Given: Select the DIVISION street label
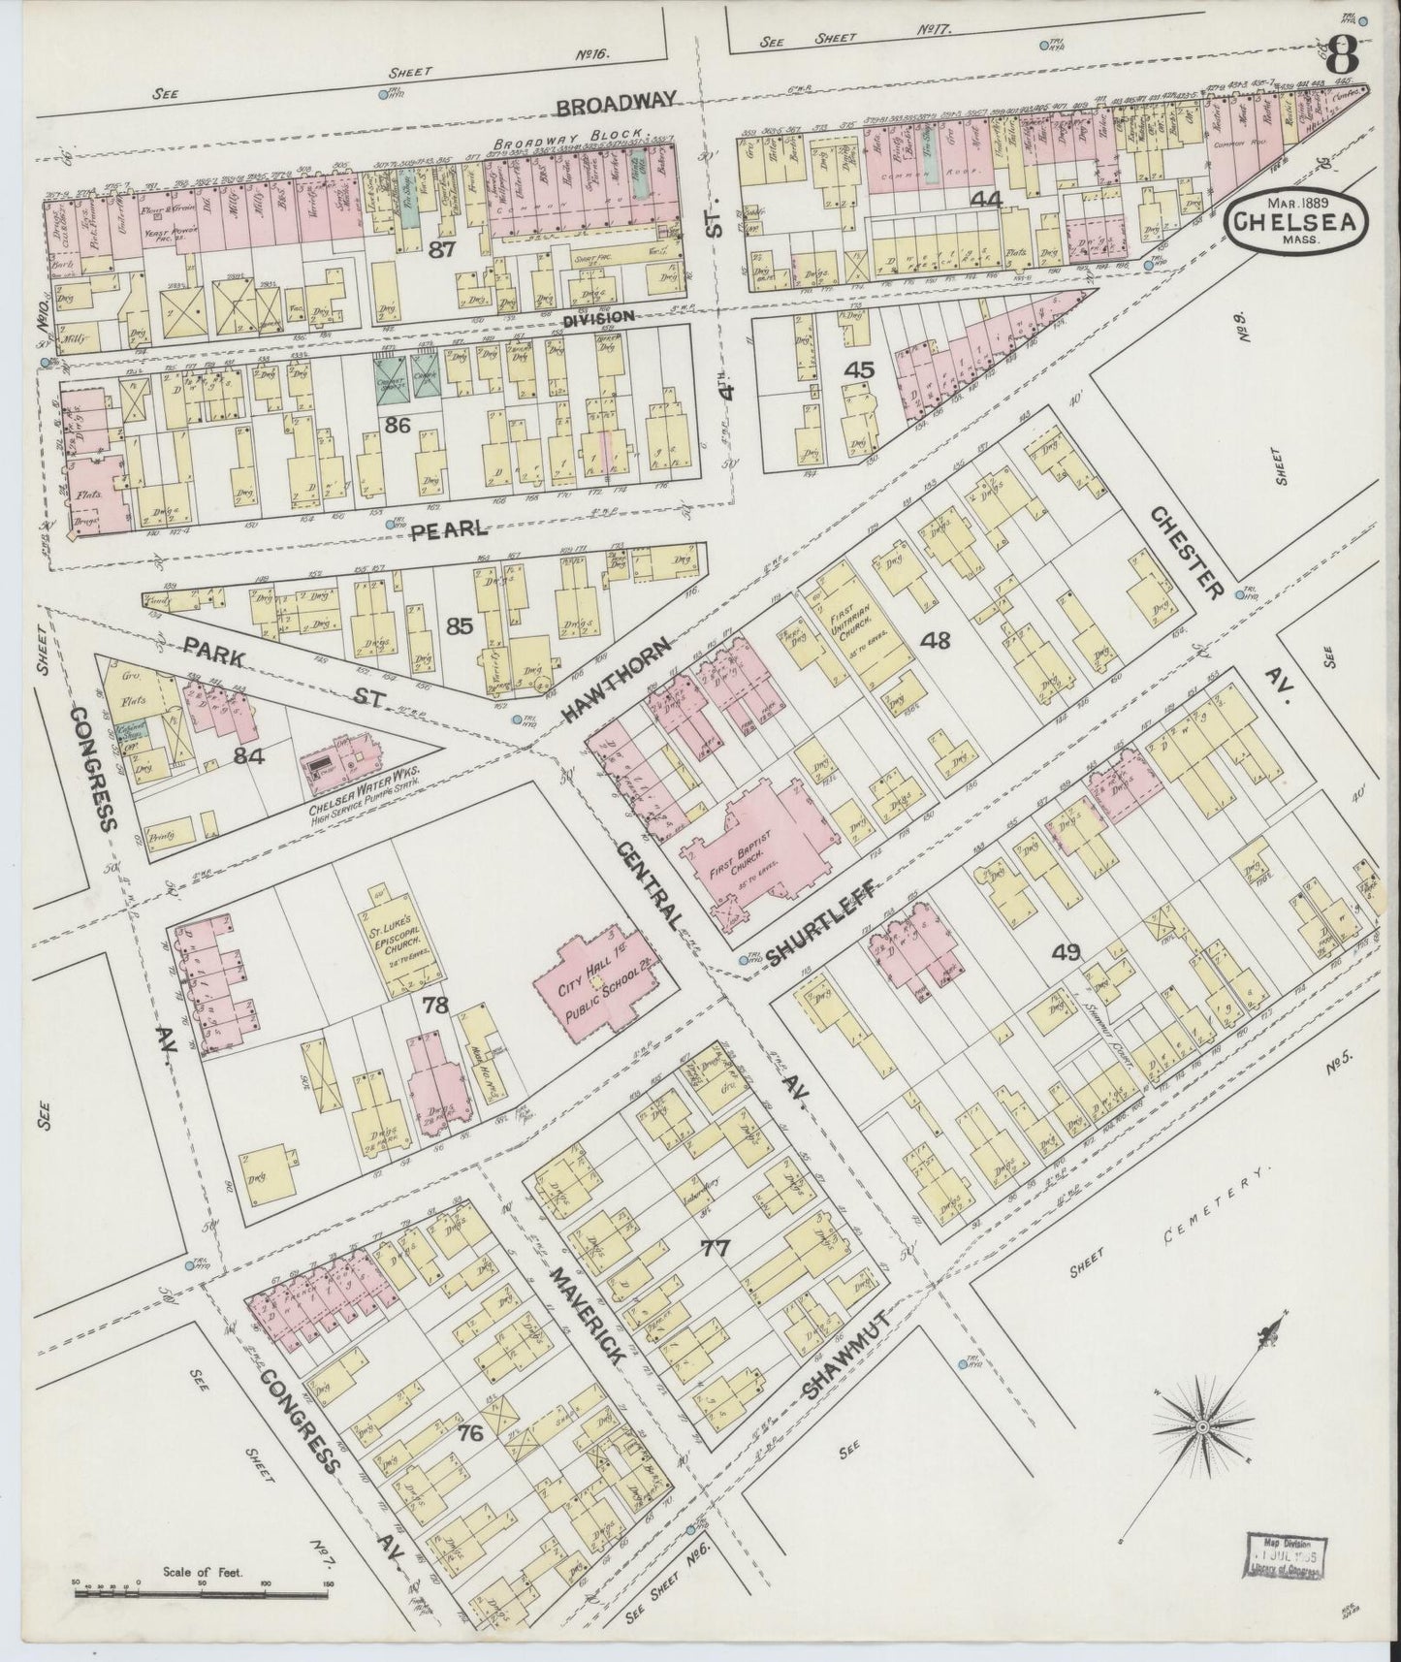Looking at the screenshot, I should tap(598, 316).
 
